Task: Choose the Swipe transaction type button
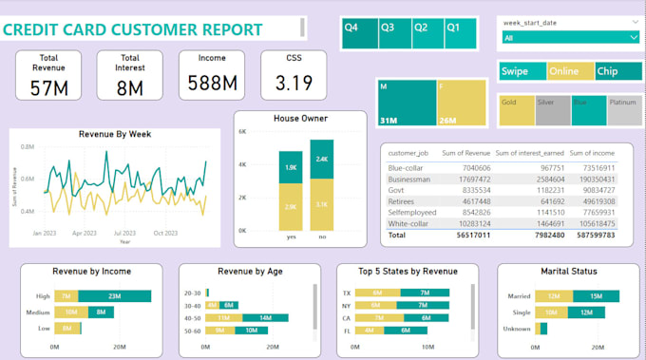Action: coord(522,71)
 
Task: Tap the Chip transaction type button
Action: coord(617,71)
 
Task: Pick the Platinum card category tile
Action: coord(622,110)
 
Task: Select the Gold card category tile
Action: coord(516,110)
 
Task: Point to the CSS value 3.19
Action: coord(294,84)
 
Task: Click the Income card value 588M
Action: coord(212,85)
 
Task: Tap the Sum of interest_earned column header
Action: coord(529,152)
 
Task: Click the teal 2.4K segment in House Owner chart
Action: coord(321,159)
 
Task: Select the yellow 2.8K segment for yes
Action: coord(291,205)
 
